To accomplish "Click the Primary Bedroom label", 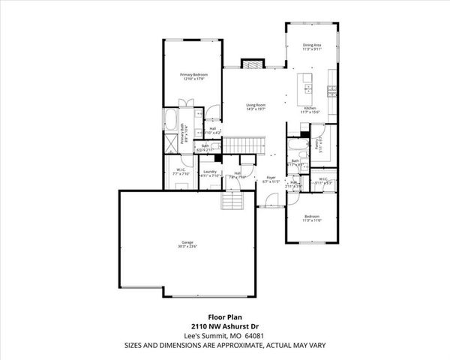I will pyautogui.click(x=193, y=75).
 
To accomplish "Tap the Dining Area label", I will pyautogui.click(x=312, y=46).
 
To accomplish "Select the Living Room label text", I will pyautogui.click(x=256, y=105).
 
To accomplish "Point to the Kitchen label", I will pyautogui.click(x=309, y=109).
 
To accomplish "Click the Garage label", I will pyautogui.click(x=186, y=242).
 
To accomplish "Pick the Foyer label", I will pyautogui.click(x=271, y=178).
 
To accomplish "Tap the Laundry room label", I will pyautogui.click(x=209, y=172).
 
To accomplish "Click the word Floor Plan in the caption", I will pyautogui.click(x=224, y=317).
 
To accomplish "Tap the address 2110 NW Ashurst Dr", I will pyautogui.click(x=224, y=326).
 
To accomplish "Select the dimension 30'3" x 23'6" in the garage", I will pyautogui.click(x=186, y=247).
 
